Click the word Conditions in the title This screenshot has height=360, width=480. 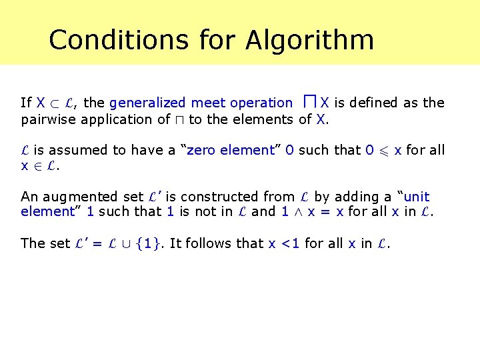(x=119, y=40)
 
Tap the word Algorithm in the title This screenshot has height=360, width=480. (x=309, y=40)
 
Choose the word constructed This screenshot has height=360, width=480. (x=215, y=197)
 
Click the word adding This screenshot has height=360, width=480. (x=361, y=197)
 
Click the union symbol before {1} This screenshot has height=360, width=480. (x=125, y=244)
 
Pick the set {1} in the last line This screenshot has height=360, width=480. (x=147, y=243)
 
